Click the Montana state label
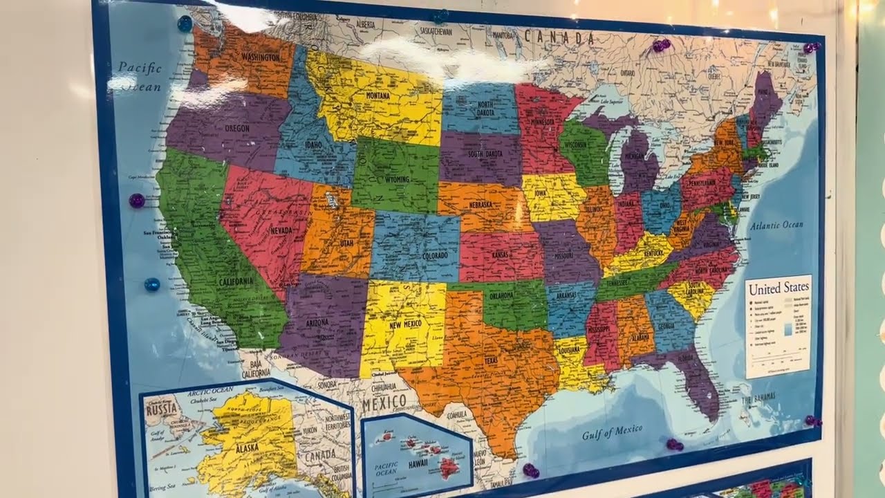click(378, 95)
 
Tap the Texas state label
click(491, 360)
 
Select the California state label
click(236, 282)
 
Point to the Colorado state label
click(420, 256)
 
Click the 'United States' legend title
click(779, 287)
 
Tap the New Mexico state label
click(405, 324)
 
